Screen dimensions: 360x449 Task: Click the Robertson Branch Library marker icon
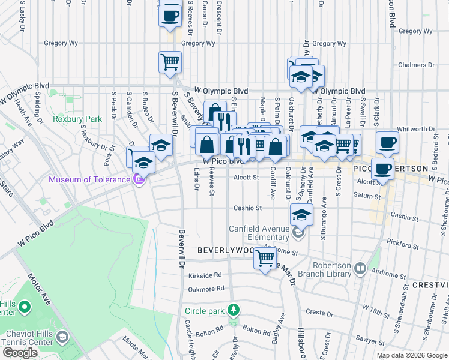360,268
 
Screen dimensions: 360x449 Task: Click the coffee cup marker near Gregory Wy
170,14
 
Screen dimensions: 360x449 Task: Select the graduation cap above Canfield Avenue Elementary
302,214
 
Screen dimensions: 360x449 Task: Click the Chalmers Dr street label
416,65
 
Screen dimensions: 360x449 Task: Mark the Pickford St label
403,245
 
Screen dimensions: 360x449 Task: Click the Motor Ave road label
39,292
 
